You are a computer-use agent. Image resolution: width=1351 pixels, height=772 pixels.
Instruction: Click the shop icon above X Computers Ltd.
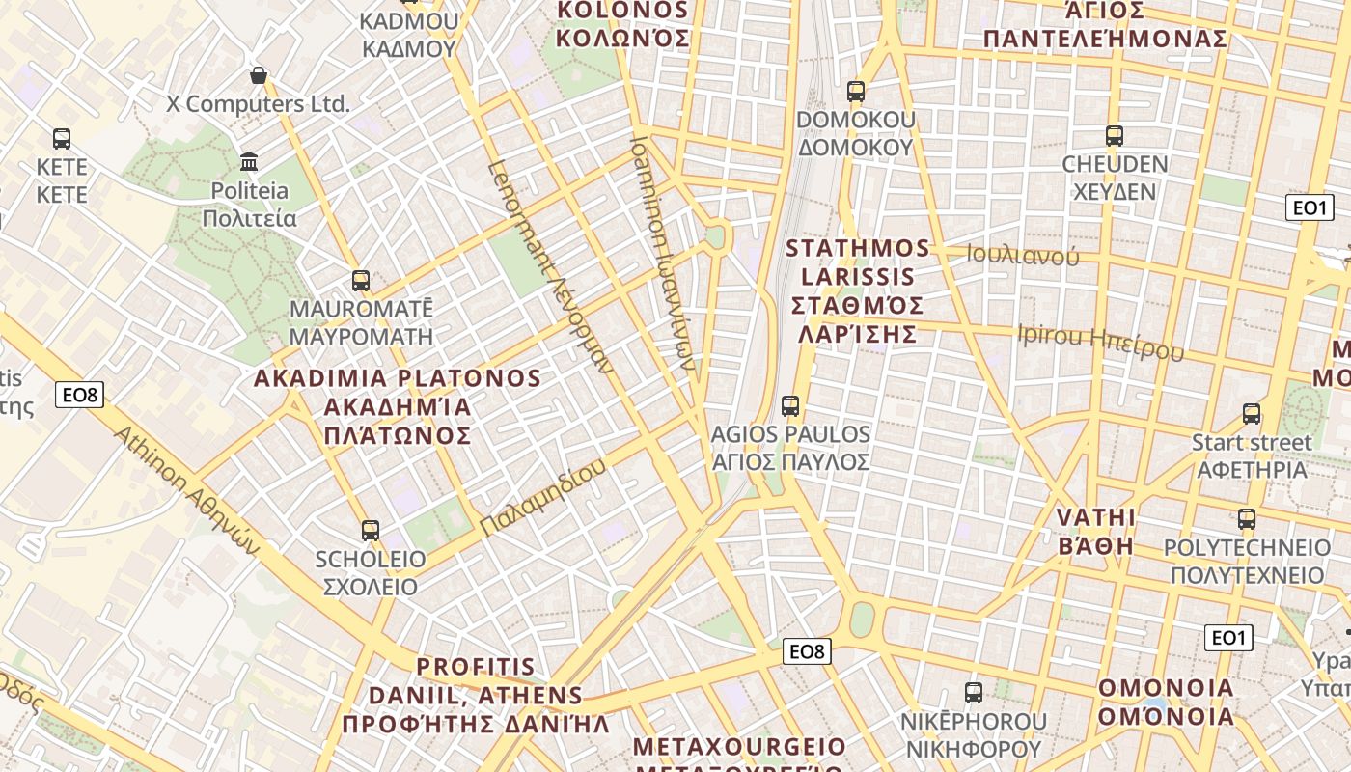[x=259, y=75]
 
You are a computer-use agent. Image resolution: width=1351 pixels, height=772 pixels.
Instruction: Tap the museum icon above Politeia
[x=250, y=160]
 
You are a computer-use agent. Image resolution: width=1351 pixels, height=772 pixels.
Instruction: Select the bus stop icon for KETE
[x=62, y=139]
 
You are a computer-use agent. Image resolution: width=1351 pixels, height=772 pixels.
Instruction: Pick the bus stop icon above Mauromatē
[x=361, y=281]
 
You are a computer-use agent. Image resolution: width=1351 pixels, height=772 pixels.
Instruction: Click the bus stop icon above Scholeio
[x=371, y=530]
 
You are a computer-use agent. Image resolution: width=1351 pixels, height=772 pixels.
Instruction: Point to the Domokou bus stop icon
[x=856, y=92]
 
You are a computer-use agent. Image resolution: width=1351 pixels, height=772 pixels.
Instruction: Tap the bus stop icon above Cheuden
[x=1115, y=136]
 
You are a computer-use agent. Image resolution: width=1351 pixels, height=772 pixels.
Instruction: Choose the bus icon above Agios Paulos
[x=790, y=406]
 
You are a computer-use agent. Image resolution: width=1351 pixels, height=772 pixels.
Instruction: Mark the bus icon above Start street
[x=1252, y=414]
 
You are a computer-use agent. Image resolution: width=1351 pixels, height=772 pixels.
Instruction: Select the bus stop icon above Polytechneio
[x=1247, y=519]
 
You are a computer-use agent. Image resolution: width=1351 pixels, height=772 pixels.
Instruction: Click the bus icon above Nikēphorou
[x=974, y=692]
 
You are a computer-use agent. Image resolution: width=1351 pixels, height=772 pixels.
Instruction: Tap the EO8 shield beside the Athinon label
[x=79, y=394]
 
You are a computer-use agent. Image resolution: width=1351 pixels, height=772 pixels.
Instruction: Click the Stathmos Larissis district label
[x=858, y=290]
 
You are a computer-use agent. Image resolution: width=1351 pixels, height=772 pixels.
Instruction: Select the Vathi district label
[x=1096, y=531]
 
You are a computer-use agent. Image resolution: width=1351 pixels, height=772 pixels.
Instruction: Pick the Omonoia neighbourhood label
[x=1166, y=702]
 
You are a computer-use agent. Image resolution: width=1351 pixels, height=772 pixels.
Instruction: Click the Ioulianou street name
[x=1023, y=256]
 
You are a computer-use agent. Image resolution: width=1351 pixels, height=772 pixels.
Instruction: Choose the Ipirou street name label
[x=1100, y=342]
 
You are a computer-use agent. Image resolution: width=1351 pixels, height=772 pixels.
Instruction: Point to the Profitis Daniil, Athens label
[x=476, y=695]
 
